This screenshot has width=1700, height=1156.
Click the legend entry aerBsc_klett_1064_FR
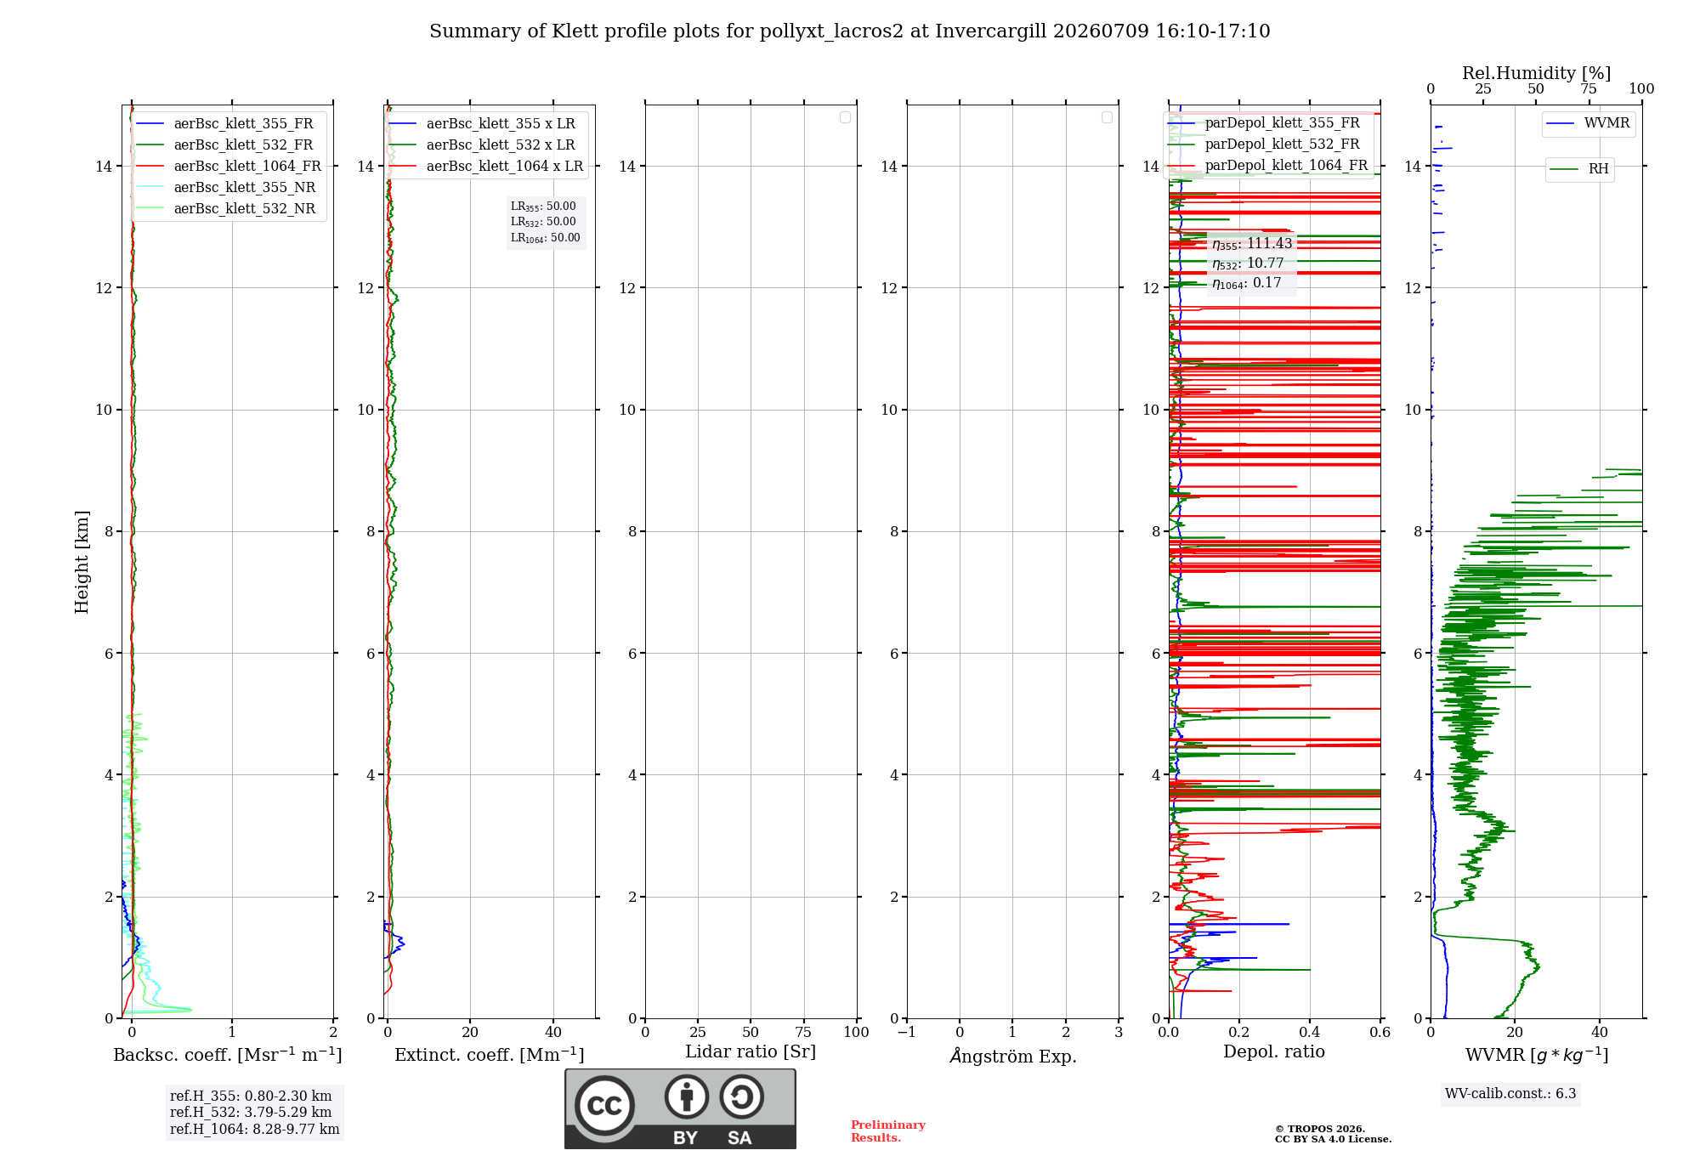(229, 167)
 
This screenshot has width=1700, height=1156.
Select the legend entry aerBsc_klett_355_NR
(225, 188)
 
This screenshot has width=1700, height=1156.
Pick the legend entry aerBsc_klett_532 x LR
(482, 145)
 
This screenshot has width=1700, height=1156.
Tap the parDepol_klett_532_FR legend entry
(1264, 144)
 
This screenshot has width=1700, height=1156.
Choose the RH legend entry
(1579, 169)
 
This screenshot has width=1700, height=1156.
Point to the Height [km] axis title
(82, 562)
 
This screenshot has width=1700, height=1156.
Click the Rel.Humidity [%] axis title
(1536, 73)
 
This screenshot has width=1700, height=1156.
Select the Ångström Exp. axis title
(1013, 1056)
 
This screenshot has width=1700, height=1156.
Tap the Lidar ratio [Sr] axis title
(751, 1052)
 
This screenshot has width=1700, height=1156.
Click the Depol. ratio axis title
(1274, 1052)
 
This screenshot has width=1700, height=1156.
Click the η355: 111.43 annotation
(1252, 244)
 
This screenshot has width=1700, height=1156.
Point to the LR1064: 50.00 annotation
(545, 238)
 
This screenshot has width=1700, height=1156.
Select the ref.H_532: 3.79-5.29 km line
(251, 1113)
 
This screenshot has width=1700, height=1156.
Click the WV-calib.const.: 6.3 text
(1510, 1094)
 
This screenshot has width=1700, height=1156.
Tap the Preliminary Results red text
(888, 1131)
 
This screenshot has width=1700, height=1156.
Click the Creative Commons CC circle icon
(604, 1106)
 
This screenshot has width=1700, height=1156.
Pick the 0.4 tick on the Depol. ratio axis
(1310, 1033)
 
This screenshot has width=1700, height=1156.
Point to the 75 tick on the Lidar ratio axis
(803, 1033)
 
